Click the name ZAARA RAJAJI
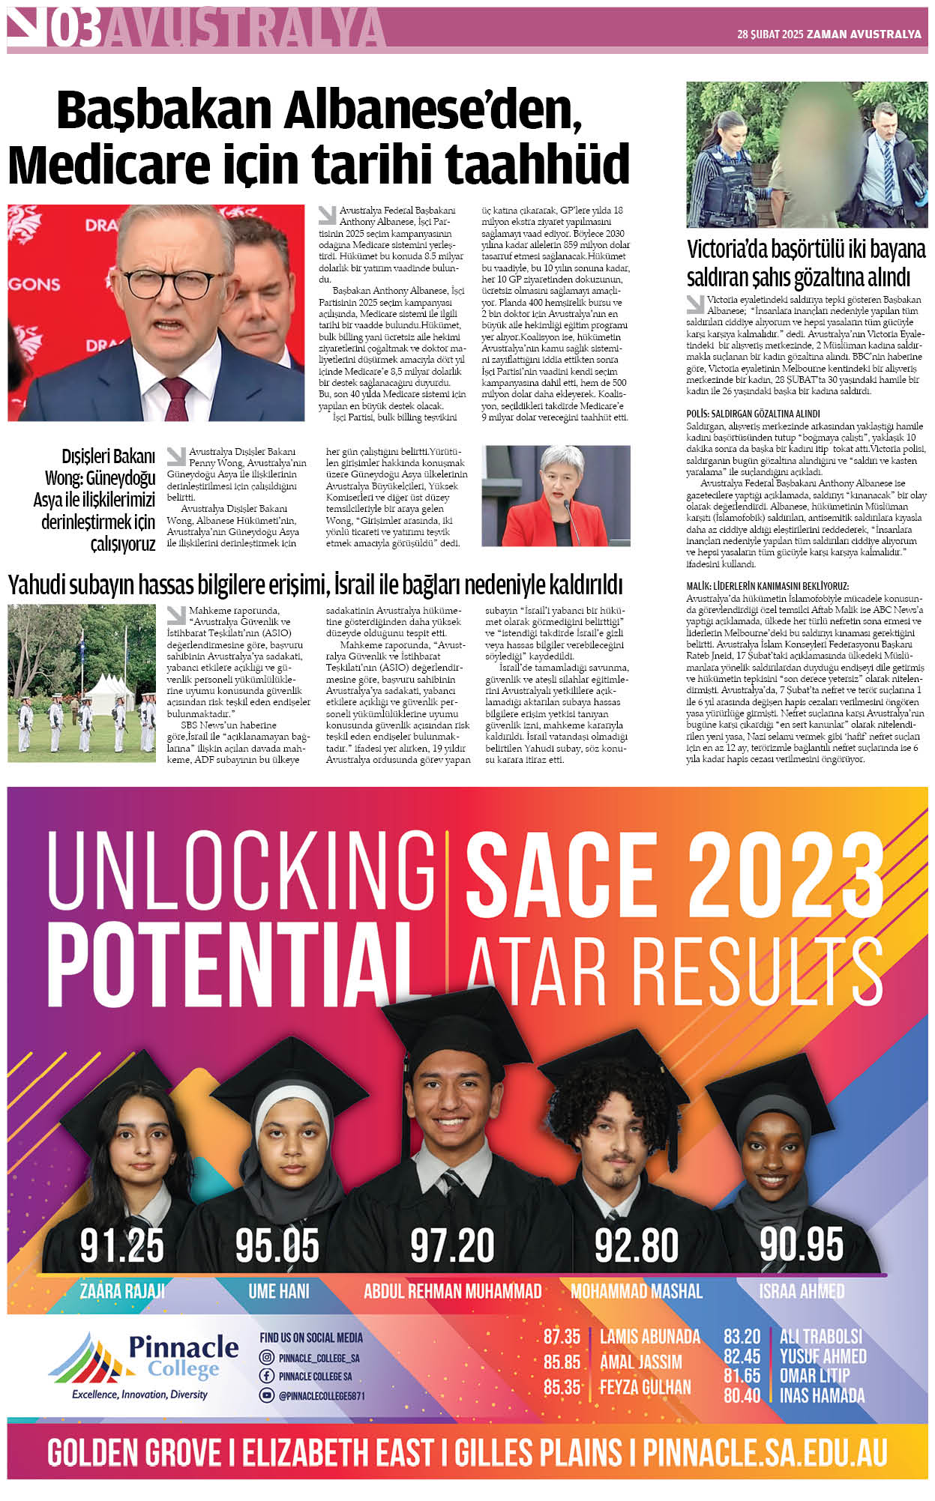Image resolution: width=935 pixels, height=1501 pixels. click(122, 1290)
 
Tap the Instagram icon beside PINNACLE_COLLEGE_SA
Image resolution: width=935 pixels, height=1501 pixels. click(266, 1357)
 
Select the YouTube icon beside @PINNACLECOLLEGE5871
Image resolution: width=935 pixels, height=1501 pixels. click(266, 1395)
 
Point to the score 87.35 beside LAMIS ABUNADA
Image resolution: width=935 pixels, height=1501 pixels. click(562, 1336)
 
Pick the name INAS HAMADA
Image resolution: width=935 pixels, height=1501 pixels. click(822, 1395)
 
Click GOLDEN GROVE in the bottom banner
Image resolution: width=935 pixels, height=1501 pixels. click(134, 1454)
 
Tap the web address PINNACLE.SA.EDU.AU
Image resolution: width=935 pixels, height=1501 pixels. click(765, 1454)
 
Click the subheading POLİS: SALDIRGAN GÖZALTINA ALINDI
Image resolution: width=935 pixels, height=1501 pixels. click(753, 414)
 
